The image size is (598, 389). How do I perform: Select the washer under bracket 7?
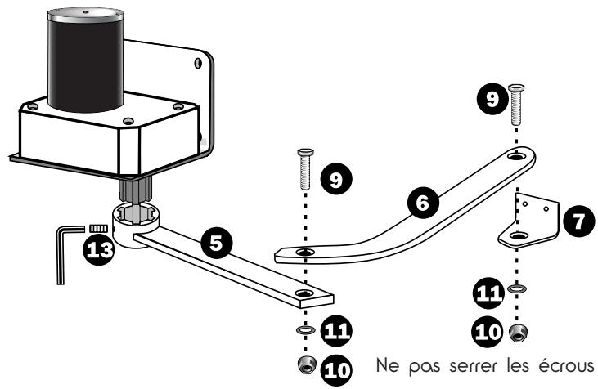click(516, 288)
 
